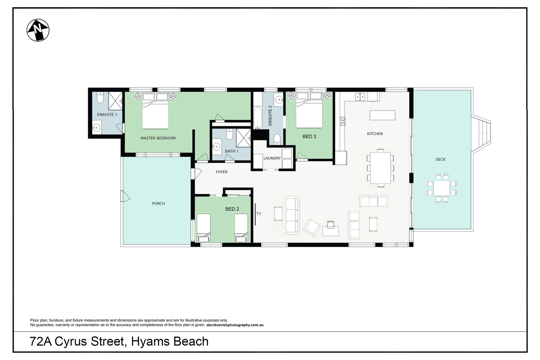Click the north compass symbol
(38, 30)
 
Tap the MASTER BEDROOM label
(158, 138)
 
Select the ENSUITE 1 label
(107, 114)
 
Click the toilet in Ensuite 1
(100, 97)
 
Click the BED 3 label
(309, 136)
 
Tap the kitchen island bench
(382, 115)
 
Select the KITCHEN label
(375, 134)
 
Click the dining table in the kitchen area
(380, 168)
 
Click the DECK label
(440, 159)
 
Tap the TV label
(259, 214)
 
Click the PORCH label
(158, 204)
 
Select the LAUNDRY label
(272, 158)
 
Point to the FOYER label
(222, 172)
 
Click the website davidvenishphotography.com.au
(235, 325)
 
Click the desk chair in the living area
(330, 224)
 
